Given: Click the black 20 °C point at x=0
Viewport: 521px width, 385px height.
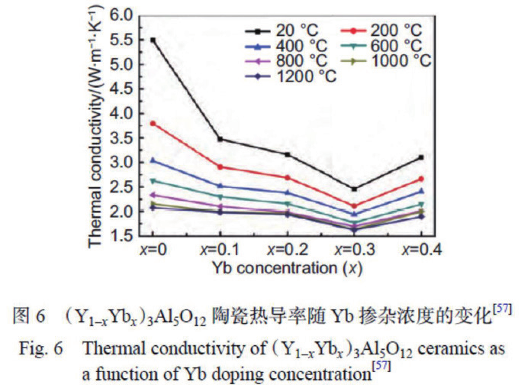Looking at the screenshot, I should [154, 40].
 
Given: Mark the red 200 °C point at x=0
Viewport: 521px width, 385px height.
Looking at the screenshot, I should [154, 123].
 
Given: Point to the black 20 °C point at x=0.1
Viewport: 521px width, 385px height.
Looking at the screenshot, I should [220, 139].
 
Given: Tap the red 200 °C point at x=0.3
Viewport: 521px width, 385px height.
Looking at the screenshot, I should [354, 206].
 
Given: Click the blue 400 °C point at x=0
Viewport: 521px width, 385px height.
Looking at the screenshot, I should [154, 160].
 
